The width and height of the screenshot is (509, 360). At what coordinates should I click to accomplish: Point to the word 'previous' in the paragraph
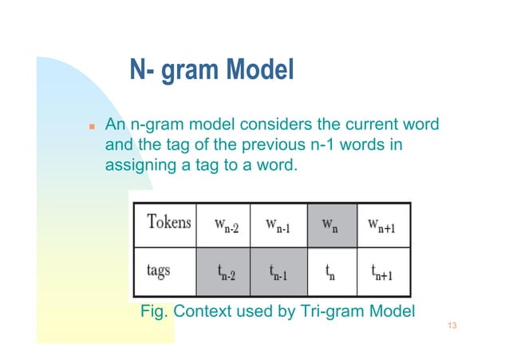[266, 146]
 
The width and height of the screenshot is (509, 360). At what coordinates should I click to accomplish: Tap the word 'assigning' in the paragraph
[140, 166]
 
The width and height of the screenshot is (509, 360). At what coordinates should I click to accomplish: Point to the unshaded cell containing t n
[329, 271]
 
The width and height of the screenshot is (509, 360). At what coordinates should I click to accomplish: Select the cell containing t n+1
[384, 271]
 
